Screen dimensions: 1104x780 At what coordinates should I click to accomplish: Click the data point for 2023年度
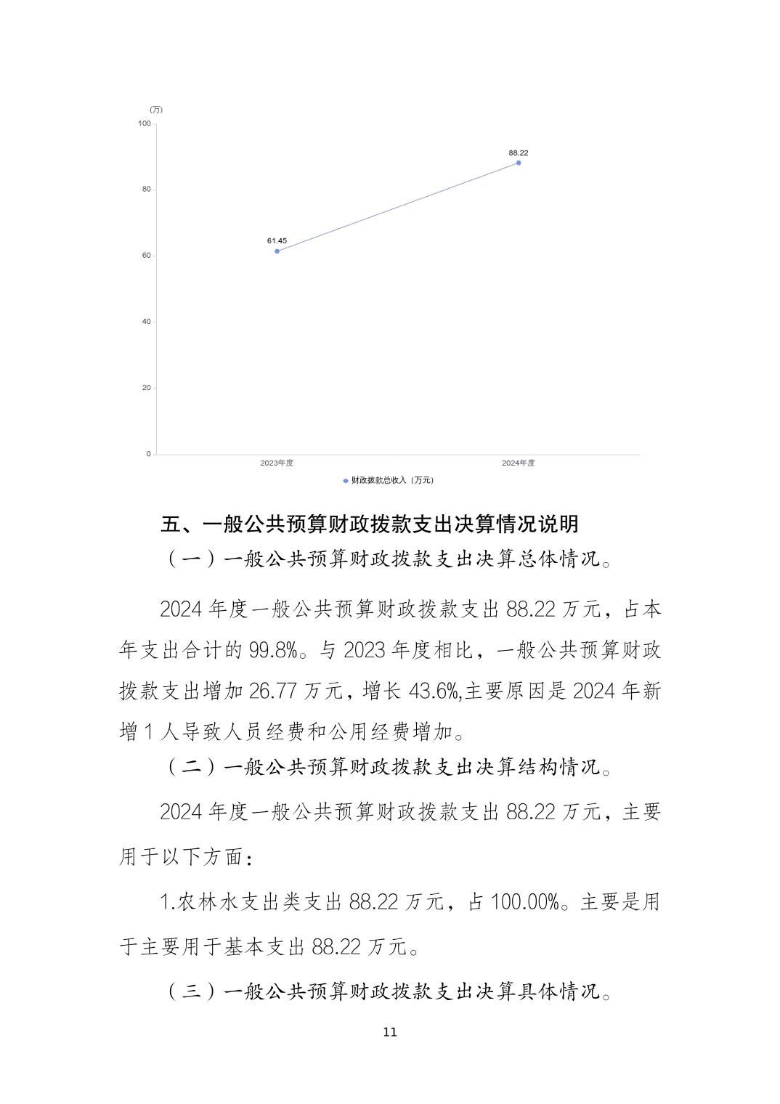coord(277,251)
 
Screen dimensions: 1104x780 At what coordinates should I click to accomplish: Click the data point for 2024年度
coord(519,163)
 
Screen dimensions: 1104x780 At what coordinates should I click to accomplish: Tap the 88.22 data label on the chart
coord(519,153)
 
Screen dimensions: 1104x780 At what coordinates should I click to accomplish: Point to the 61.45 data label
coord(277,240)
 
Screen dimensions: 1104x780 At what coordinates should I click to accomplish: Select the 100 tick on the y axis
coord(144,123)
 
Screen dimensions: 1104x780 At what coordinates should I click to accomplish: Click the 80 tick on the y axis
coord(146,190)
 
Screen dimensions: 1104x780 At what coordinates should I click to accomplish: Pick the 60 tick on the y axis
coord(146,256)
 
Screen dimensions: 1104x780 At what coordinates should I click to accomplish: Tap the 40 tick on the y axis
coord(146,322)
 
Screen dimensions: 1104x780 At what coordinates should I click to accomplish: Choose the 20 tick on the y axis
coord(146,388)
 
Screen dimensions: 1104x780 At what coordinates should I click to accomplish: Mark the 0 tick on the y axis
coord(148,454)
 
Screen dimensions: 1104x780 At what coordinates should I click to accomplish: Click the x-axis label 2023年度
coord(277,463)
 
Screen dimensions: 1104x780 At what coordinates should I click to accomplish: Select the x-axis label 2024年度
coord(519,463)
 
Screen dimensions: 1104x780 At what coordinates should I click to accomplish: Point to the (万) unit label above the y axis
coord(156,110)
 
